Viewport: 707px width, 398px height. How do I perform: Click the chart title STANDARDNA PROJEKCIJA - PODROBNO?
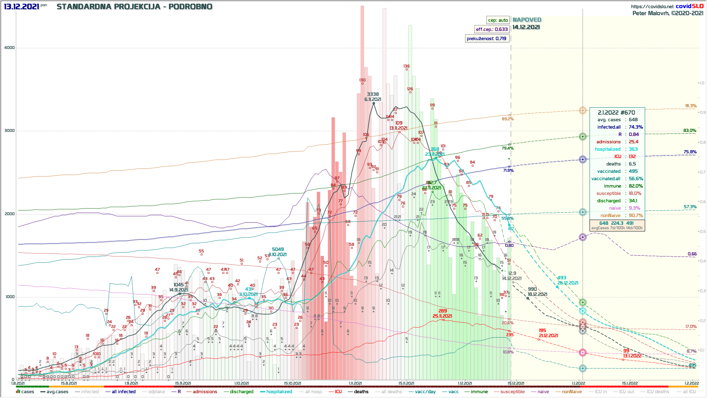[x=134, y=7]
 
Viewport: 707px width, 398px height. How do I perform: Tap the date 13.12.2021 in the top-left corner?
[x=21, y=7]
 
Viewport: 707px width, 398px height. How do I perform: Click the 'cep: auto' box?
[x=498, y=20]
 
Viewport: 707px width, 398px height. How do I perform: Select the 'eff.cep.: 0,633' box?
[x=492, y=29]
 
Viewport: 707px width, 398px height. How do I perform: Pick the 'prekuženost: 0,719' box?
[x=486, y=38]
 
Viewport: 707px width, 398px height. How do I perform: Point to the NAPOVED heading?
[x=527, y=20]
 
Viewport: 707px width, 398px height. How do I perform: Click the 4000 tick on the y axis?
[x=10, y=48]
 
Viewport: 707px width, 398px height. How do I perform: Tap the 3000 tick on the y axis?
[x=10, y=130]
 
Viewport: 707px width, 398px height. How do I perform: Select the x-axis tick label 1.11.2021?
[x=355, y=383]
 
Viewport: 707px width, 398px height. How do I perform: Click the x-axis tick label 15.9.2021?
[x=183, y=383]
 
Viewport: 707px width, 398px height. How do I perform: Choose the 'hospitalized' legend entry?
[x=279, y=392]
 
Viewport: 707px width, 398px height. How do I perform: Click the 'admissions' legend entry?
[x=205, y=392]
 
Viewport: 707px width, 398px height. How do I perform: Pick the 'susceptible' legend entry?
[x=512, y=392]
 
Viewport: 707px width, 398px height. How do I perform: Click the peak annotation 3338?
[x=373, y=94]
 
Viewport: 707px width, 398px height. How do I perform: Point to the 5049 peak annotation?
[x=278, y=249]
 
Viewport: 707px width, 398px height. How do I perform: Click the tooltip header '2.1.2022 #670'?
[x=616, y=112]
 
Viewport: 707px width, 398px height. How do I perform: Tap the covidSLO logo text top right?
[x=689, y=6]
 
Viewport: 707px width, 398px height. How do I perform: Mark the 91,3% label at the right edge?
[x=691, y=106]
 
